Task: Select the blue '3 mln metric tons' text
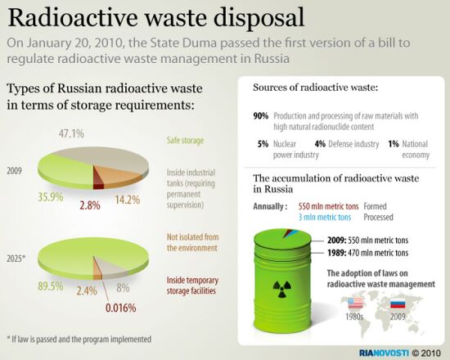pos(325,218)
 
